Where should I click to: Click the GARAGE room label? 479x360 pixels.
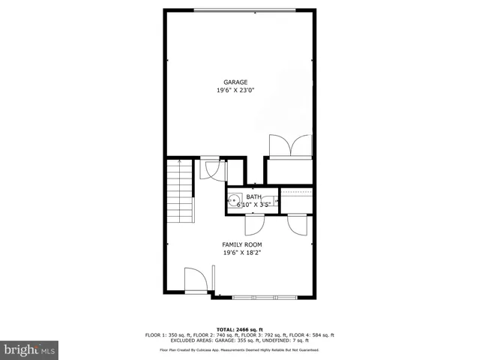(x=235, y=82)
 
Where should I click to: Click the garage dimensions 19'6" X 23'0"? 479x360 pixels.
(x=235, y=91)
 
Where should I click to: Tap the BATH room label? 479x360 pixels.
(x=254, y=196)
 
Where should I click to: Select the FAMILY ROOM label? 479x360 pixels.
(x=241, y=244)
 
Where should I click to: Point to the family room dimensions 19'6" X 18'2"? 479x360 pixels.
(x=241, y=253)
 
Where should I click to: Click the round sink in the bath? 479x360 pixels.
(x=234, y=200)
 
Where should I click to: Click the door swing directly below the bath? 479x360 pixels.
(x=254, y=223)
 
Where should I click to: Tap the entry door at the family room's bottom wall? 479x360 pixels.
(x=196, y=282)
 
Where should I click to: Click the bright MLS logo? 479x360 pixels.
(x=30, y=349)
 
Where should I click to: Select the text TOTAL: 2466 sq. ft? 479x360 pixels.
(x=239, y=329)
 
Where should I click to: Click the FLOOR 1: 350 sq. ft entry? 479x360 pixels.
(x=166, y=335)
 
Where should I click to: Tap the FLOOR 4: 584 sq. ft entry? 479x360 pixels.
(x=313, y=335)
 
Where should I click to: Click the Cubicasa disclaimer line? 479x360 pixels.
(x=239, y=349)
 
